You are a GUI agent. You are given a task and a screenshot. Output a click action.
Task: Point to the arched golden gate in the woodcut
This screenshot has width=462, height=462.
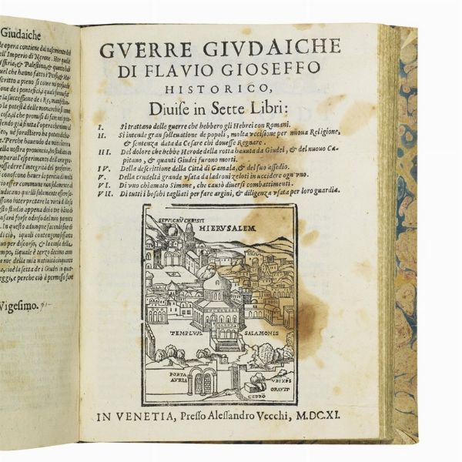[x=203, y=382]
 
